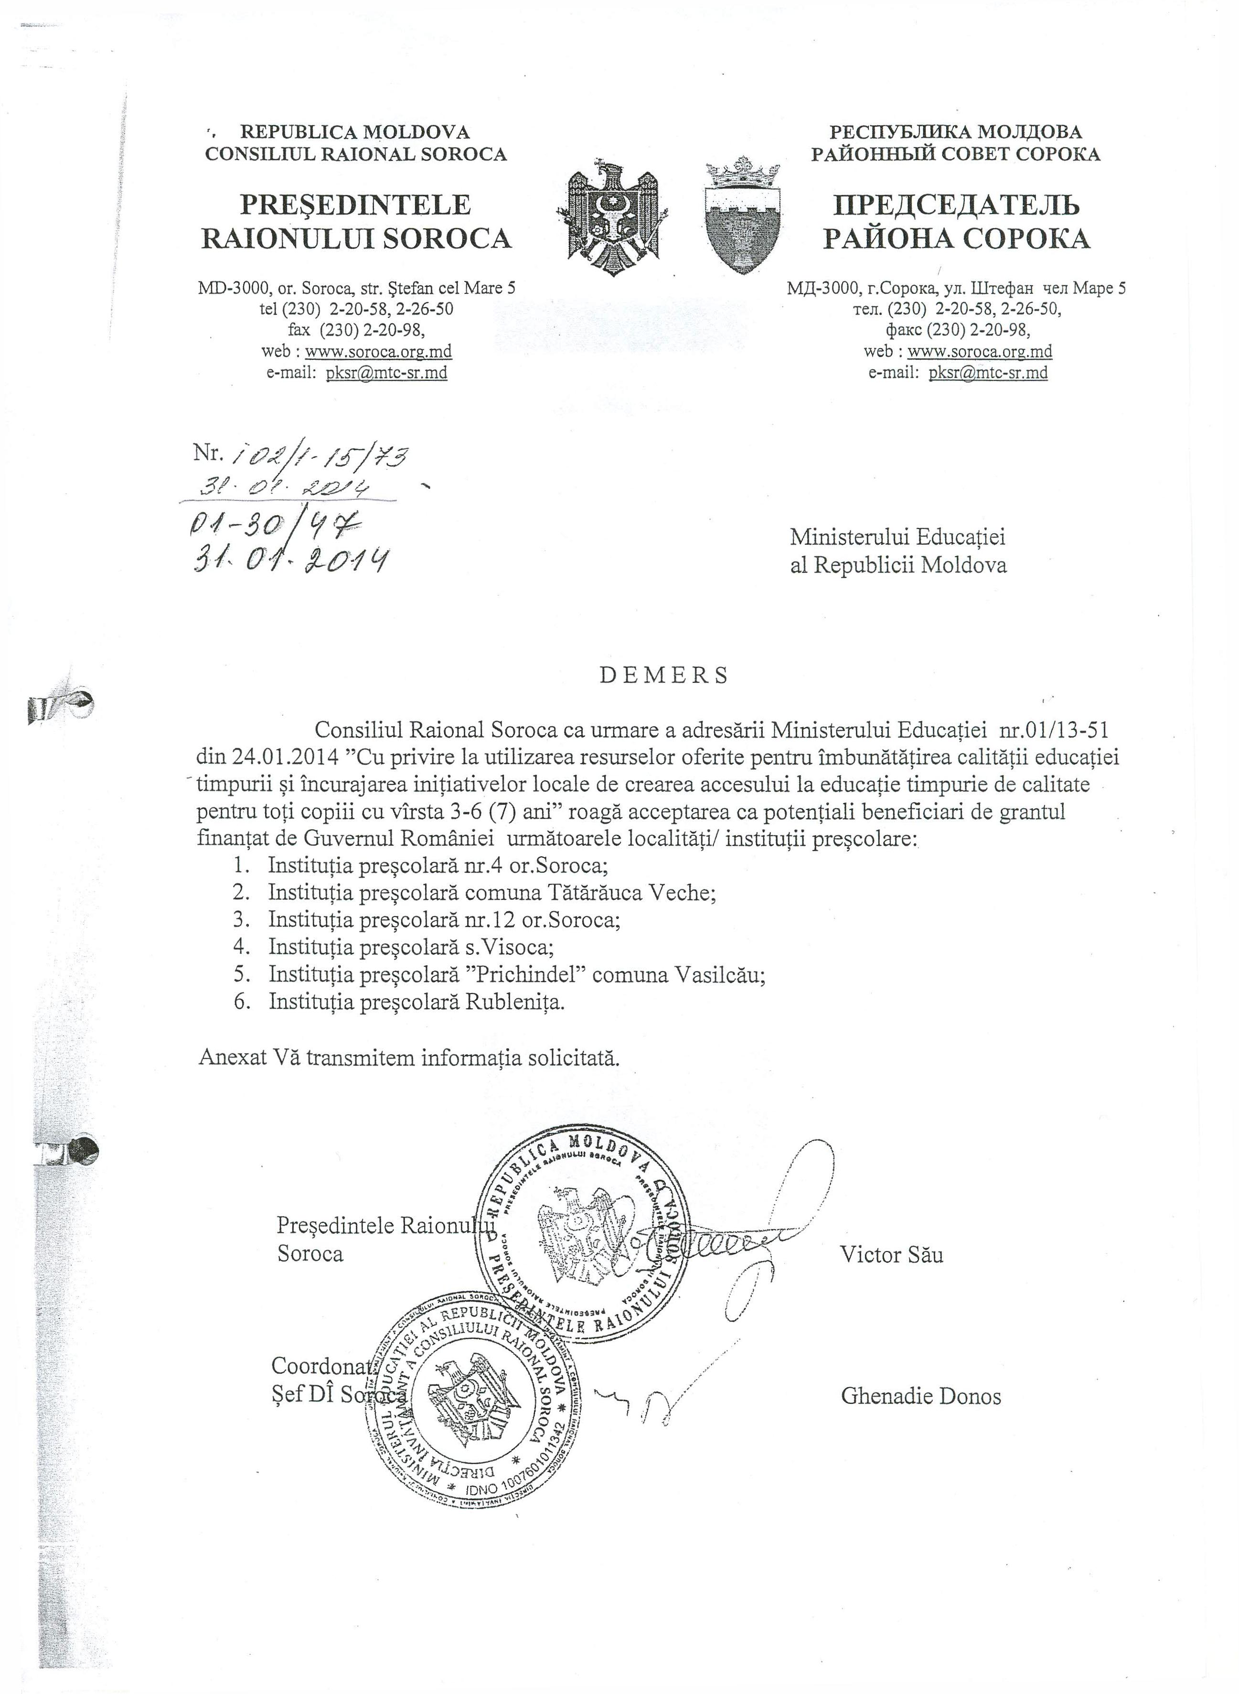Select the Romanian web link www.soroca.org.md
[x=378, y=351]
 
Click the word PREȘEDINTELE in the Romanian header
[x=355, y=205]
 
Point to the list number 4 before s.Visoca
[x=240, y=948]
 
